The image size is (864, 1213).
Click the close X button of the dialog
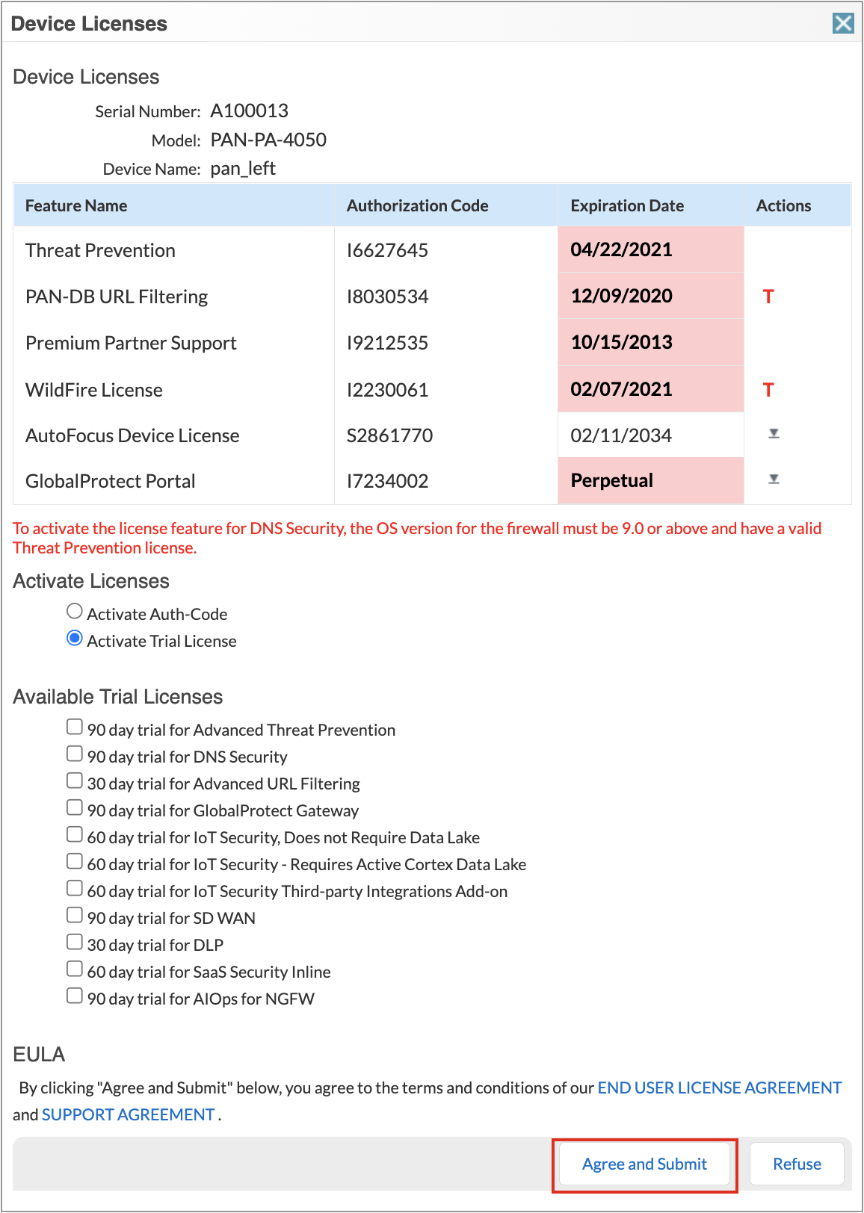[x=843, y=23]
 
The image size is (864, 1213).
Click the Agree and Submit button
[x=644, y=1164]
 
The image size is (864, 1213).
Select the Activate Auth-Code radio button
[x=75, y=612]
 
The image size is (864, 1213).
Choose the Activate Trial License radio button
[x=75, y=639]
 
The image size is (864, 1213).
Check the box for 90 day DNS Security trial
[x=75, y=754]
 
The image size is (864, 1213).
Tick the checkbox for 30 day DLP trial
[x=75, y=942]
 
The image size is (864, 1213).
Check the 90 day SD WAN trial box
[x=75, y=915]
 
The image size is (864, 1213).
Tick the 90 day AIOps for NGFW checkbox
[x=75, y=996]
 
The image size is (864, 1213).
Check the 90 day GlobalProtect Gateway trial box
[x=75, y=807]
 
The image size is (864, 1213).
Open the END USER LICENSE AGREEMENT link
[x=719, y=1088]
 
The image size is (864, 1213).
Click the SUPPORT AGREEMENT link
[x=129, y=1114]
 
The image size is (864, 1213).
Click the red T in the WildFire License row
[x=768, y=390]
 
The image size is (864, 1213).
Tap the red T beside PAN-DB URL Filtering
[x=768, y=297]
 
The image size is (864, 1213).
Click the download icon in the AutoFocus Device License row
[x=774, y=434]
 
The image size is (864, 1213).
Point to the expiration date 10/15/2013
[x=622, y=342]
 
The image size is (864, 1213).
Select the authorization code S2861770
[x=389, y=435]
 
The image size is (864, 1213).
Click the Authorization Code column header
[x=417, y=205]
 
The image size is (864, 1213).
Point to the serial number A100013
[x=249, y=111]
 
